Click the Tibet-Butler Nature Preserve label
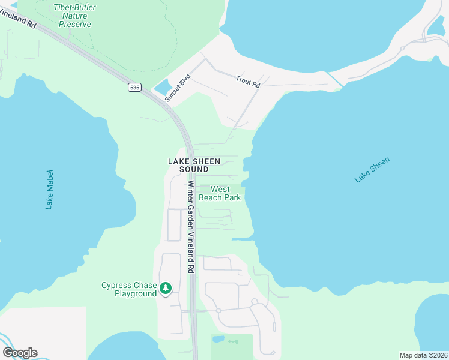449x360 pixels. (76, 16)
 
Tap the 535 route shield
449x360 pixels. (134, 88)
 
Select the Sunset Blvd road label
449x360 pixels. (178, 89)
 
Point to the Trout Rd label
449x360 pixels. (248, 82)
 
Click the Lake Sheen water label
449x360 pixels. (372, 169)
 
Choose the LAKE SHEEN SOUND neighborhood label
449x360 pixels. (194, 165)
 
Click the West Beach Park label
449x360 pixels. (220, 193)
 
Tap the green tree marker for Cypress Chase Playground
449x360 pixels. (165, 289)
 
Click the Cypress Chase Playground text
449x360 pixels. (128, 289)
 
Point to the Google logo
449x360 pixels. (20, 353)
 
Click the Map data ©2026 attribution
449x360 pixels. (423, 355)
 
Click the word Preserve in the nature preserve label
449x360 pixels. (76, 25)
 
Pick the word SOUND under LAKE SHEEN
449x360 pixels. (194, 169)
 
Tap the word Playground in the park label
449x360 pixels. (137, 293)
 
